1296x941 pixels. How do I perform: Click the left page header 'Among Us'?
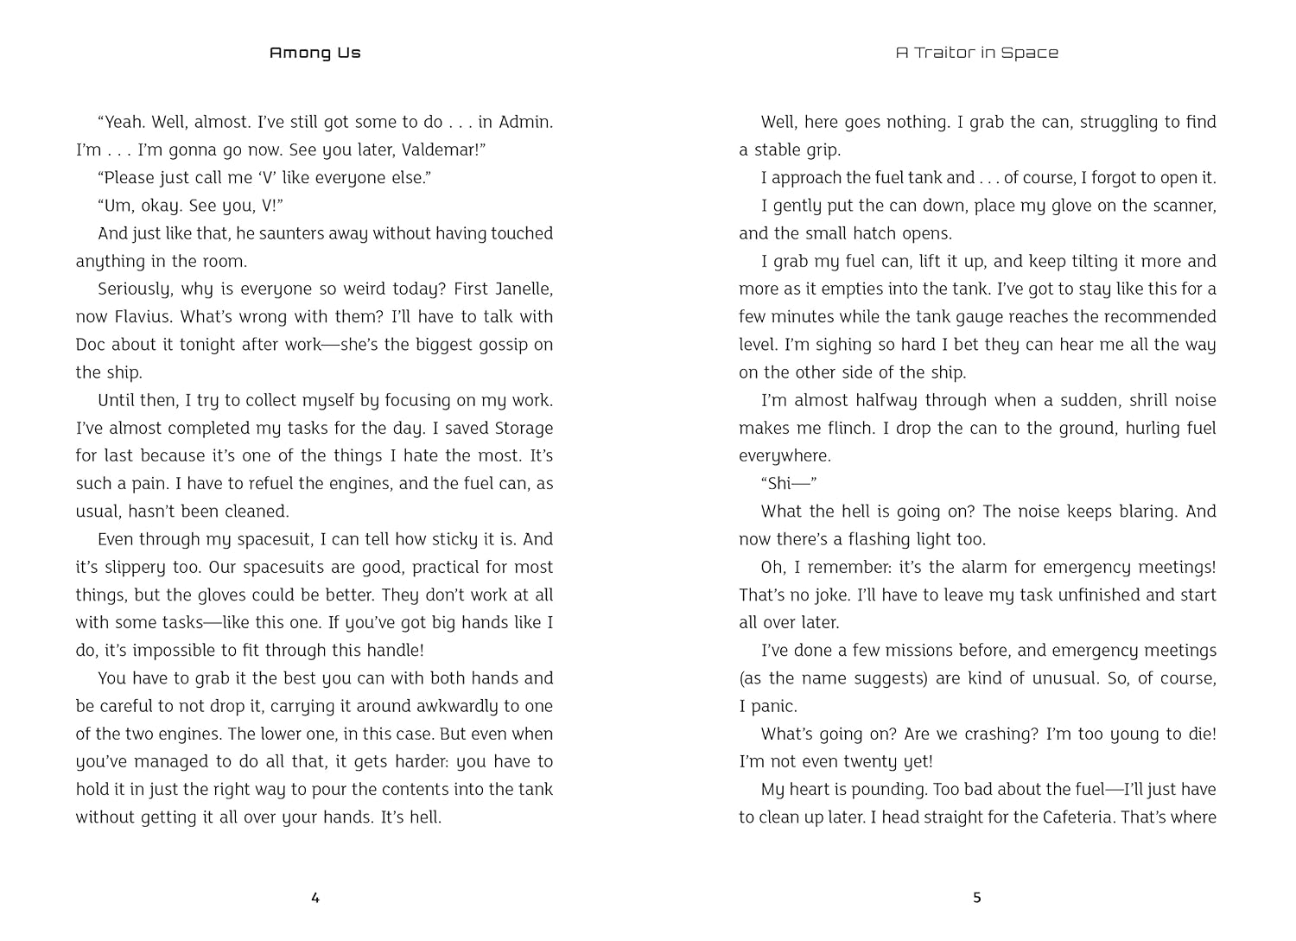(314, 53)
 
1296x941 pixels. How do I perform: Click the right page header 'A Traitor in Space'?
(976, 53)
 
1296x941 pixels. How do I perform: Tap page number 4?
(315, 898)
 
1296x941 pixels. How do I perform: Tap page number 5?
(977, 898)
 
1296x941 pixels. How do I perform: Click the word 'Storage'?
(524, 428)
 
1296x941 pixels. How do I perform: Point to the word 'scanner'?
(1185, 206)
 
